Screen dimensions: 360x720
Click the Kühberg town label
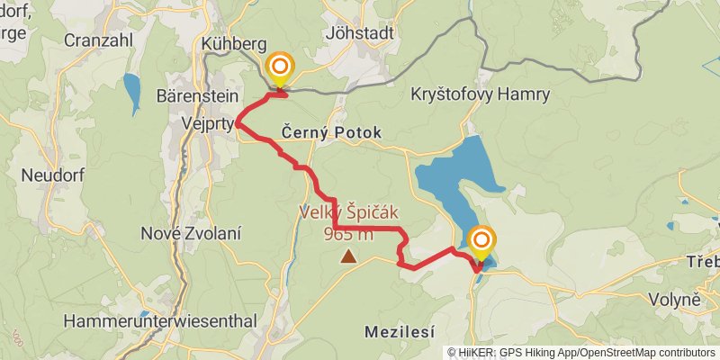tap(235, 44)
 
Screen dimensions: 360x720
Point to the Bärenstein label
tap(195, 94)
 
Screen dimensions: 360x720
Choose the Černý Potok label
tap(331, 132)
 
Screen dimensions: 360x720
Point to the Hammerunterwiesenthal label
tap(160, 320)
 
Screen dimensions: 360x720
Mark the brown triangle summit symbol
tap(347, 257)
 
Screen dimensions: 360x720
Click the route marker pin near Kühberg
tap(280, 67)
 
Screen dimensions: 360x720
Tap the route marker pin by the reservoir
tap(482, 240)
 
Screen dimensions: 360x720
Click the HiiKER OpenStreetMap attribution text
tap(580, 353)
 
